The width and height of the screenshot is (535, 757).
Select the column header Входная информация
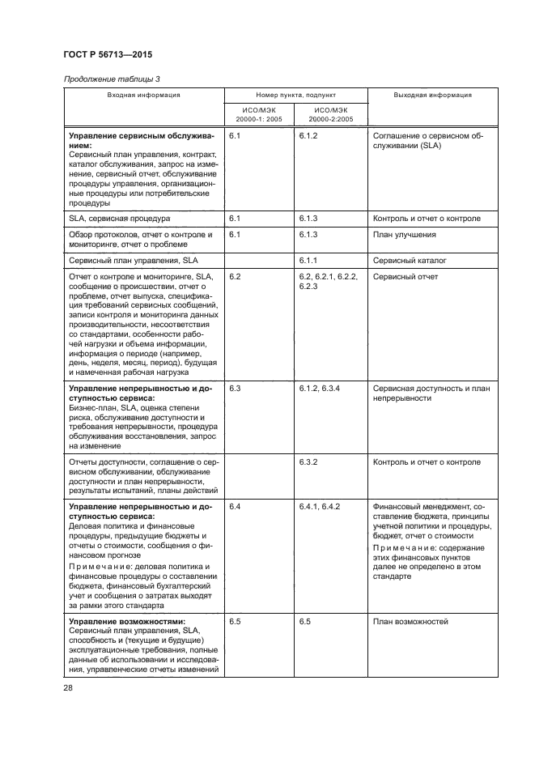(143, 95)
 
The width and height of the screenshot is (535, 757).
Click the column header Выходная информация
(432, 95)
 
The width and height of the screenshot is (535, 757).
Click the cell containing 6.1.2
(308, 137)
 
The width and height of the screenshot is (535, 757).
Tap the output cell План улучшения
(405, 235)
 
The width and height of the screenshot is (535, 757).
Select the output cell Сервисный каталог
(410, 262)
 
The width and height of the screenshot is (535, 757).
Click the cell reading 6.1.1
(308, 262)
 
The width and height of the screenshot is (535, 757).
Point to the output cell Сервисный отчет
(405, 277)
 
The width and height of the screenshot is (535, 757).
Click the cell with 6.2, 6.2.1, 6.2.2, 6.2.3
(328, 282)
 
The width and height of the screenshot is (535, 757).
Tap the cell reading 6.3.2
(308, 462)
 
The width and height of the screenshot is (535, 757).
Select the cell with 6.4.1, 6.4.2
(319, 506)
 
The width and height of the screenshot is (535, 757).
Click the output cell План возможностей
(410, 622)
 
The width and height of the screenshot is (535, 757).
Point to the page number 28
(67, 687)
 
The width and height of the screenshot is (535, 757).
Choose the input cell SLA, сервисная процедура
(120, 219)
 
